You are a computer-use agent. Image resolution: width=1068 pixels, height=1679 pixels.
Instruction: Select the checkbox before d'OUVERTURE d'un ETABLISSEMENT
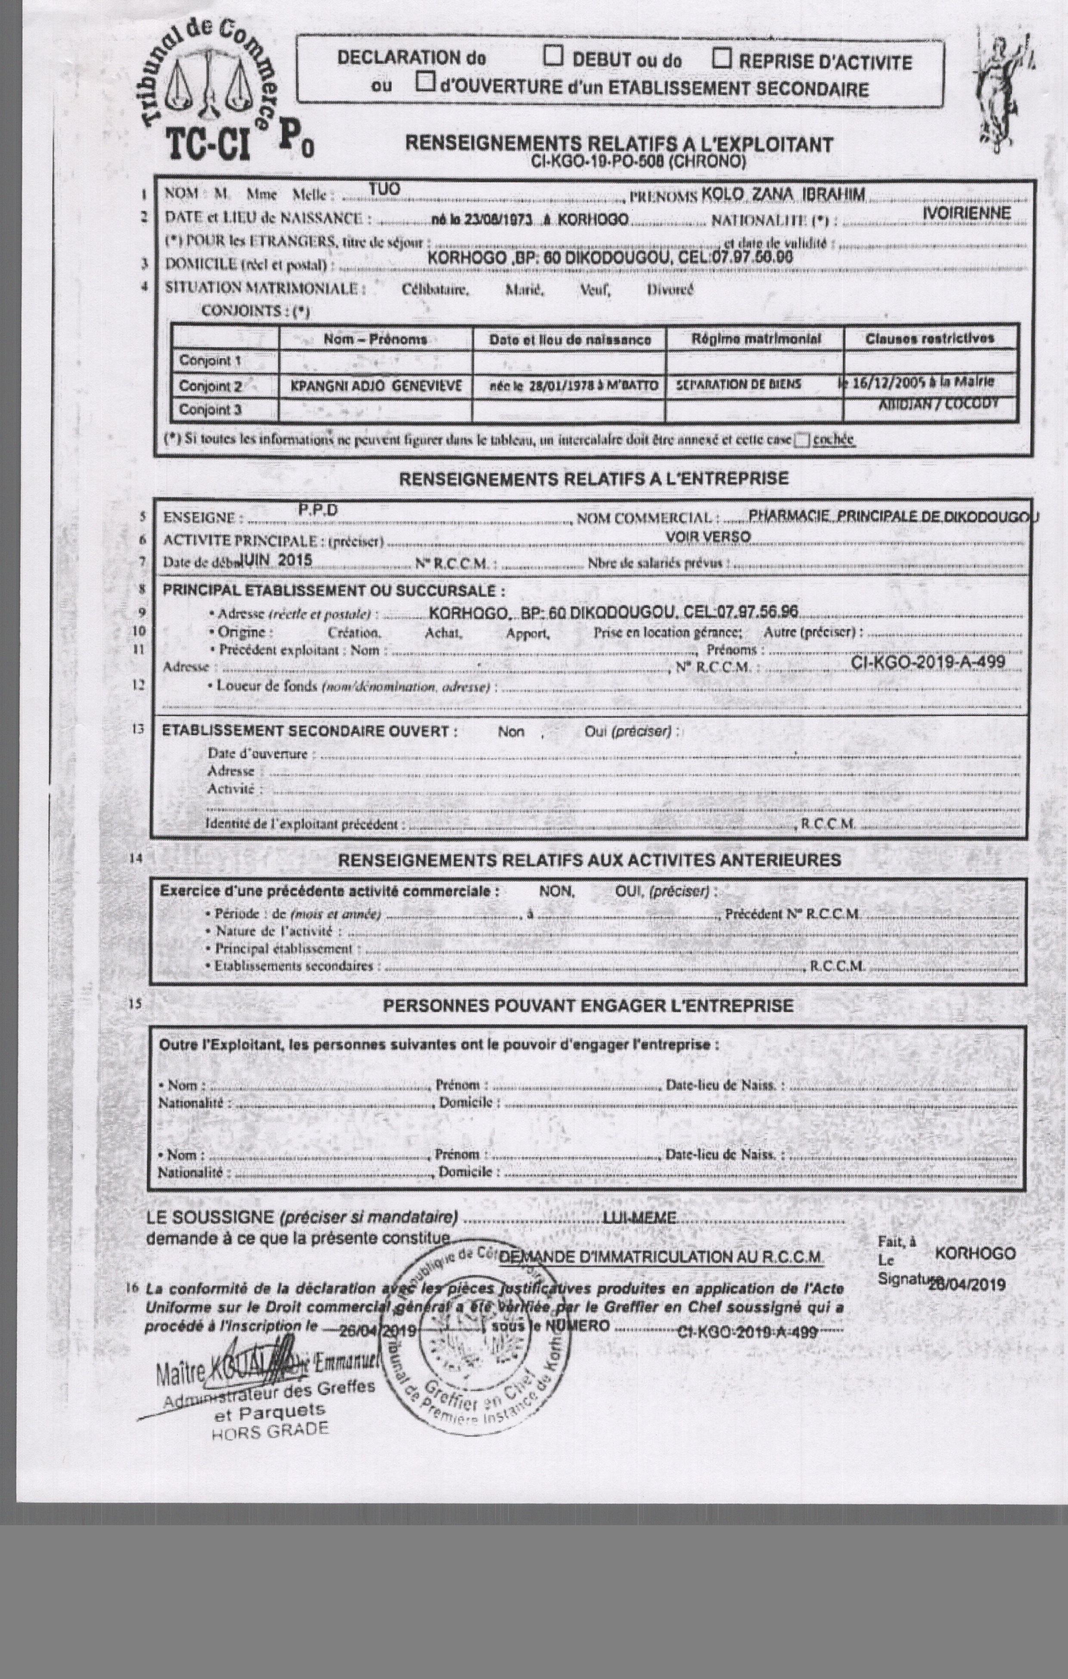click(x=425, y=83)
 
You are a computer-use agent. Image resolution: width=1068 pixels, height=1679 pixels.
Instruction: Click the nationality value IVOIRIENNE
click(x=966, y=213)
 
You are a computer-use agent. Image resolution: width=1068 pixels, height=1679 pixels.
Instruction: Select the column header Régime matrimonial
click(x=756, y=339)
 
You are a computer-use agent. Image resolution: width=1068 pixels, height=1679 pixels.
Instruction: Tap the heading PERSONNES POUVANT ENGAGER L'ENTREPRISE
click(x=588, y=1006)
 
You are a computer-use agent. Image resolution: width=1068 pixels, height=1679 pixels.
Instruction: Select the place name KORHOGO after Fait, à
click(x=975, y=1253)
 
